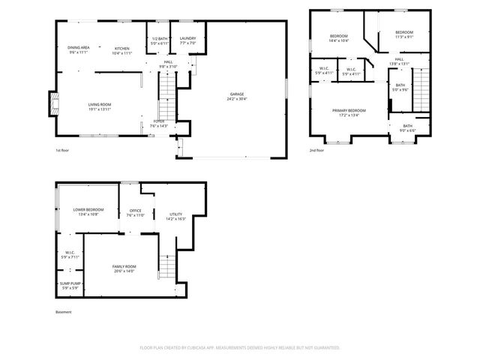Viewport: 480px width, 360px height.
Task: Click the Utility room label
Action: [177, 216]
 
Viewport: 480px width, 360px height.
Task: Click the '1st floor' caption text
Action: [63, 150]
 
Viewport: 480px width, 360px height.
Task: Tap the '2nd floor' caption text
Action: [317, 150]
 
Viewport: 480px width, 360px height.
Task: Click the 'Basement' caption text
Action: [64, 312]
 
